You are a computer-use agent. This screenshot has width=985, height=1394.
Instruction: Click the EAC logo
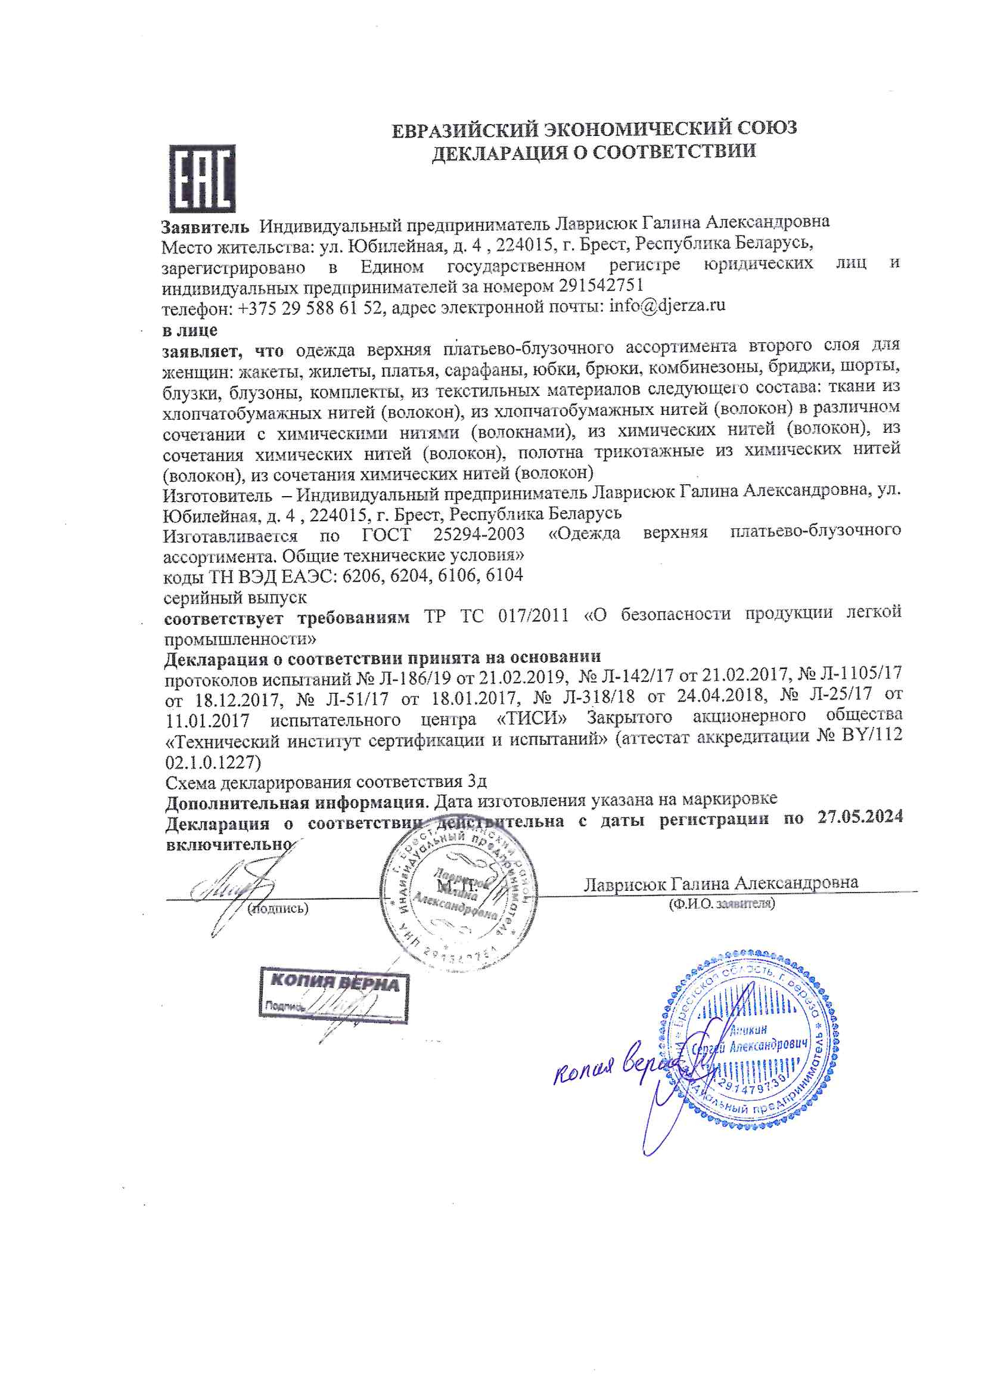click(x=201, y=178)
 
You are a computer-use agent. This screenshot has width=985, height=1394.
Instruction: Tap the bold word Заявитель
click(x=205, y=227)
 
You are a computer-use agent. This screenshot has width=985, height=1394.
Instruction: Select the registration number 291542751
click(x=601, y=285)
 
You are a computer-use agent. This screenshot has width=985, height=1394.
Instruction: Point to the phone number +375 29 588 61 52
click(x=310, y=308)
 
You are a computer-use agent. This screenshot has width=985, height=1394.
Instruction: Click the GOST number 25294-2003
click(x=479, y=534)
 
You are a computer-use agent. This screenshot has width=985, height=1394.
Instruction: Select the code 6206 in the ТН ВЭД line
click(x=362, y=575)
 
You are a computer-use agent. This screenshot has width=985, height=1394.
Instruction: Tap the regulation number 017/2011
click(x=533, y=616)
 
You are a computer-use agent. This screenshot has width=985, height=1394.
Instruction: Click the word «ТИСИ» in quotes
click(x=532, y=718)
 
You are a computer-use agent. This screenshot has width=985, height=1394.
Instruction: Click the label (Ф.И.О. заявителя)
click(x=722, y=903)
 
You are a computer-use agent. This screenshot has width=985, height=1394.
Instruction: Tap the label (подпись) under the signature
click(x=278, y=908)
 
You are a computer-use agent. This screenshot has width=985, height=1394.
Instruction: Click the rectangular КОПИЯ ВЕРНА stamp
click(x=334, y=995)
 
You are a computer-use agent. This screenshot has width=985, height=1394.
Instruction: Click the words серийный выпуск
click(x=235, y=597)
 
